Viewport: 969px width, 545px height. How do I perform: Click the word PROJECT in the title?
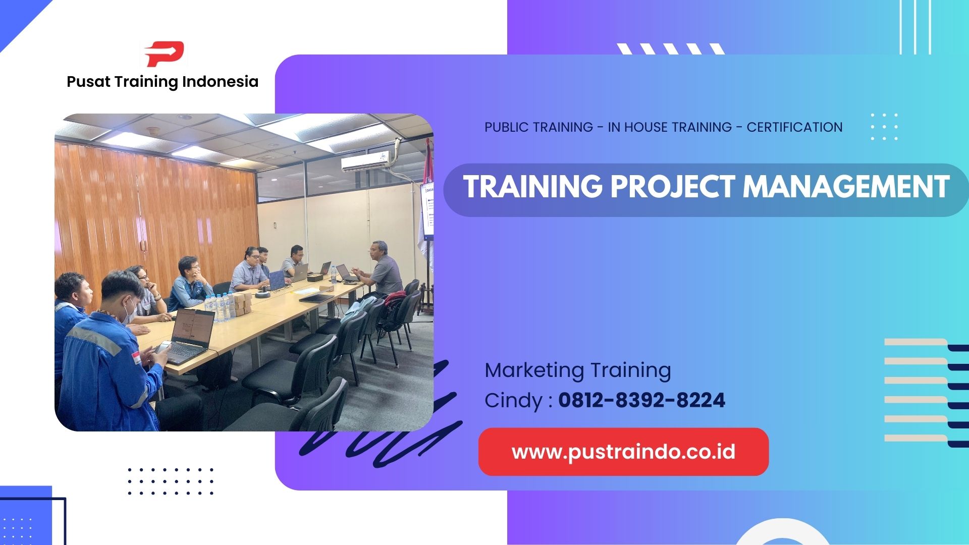coord(673,187)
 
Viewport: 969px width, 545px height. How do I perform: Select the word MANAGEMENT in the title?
coord(846,187)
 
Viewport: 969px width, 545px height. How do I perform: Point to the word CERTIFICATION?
coord(794,127)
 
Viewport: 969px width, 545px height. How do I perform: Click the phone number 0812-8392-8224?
coord(641,401)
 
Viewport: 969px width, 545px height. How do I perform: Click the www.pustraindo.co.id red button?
coord(623,452)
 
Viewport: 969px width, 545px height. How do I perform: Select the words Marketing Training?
coord(577,370)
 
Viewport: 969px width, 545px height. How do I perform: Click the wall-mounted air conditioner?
coord(365,161)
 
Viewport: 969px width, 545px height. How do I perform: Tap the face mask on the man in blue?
coord(130,312)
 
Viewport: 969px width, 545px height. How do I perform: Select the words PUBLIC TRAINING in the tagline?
coord(539,127)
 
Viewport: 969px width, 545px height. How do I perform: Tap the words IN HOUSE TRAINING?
coord(670,127)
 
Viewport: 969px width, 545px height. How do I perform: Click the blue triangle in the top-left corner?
coord(18,18)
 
